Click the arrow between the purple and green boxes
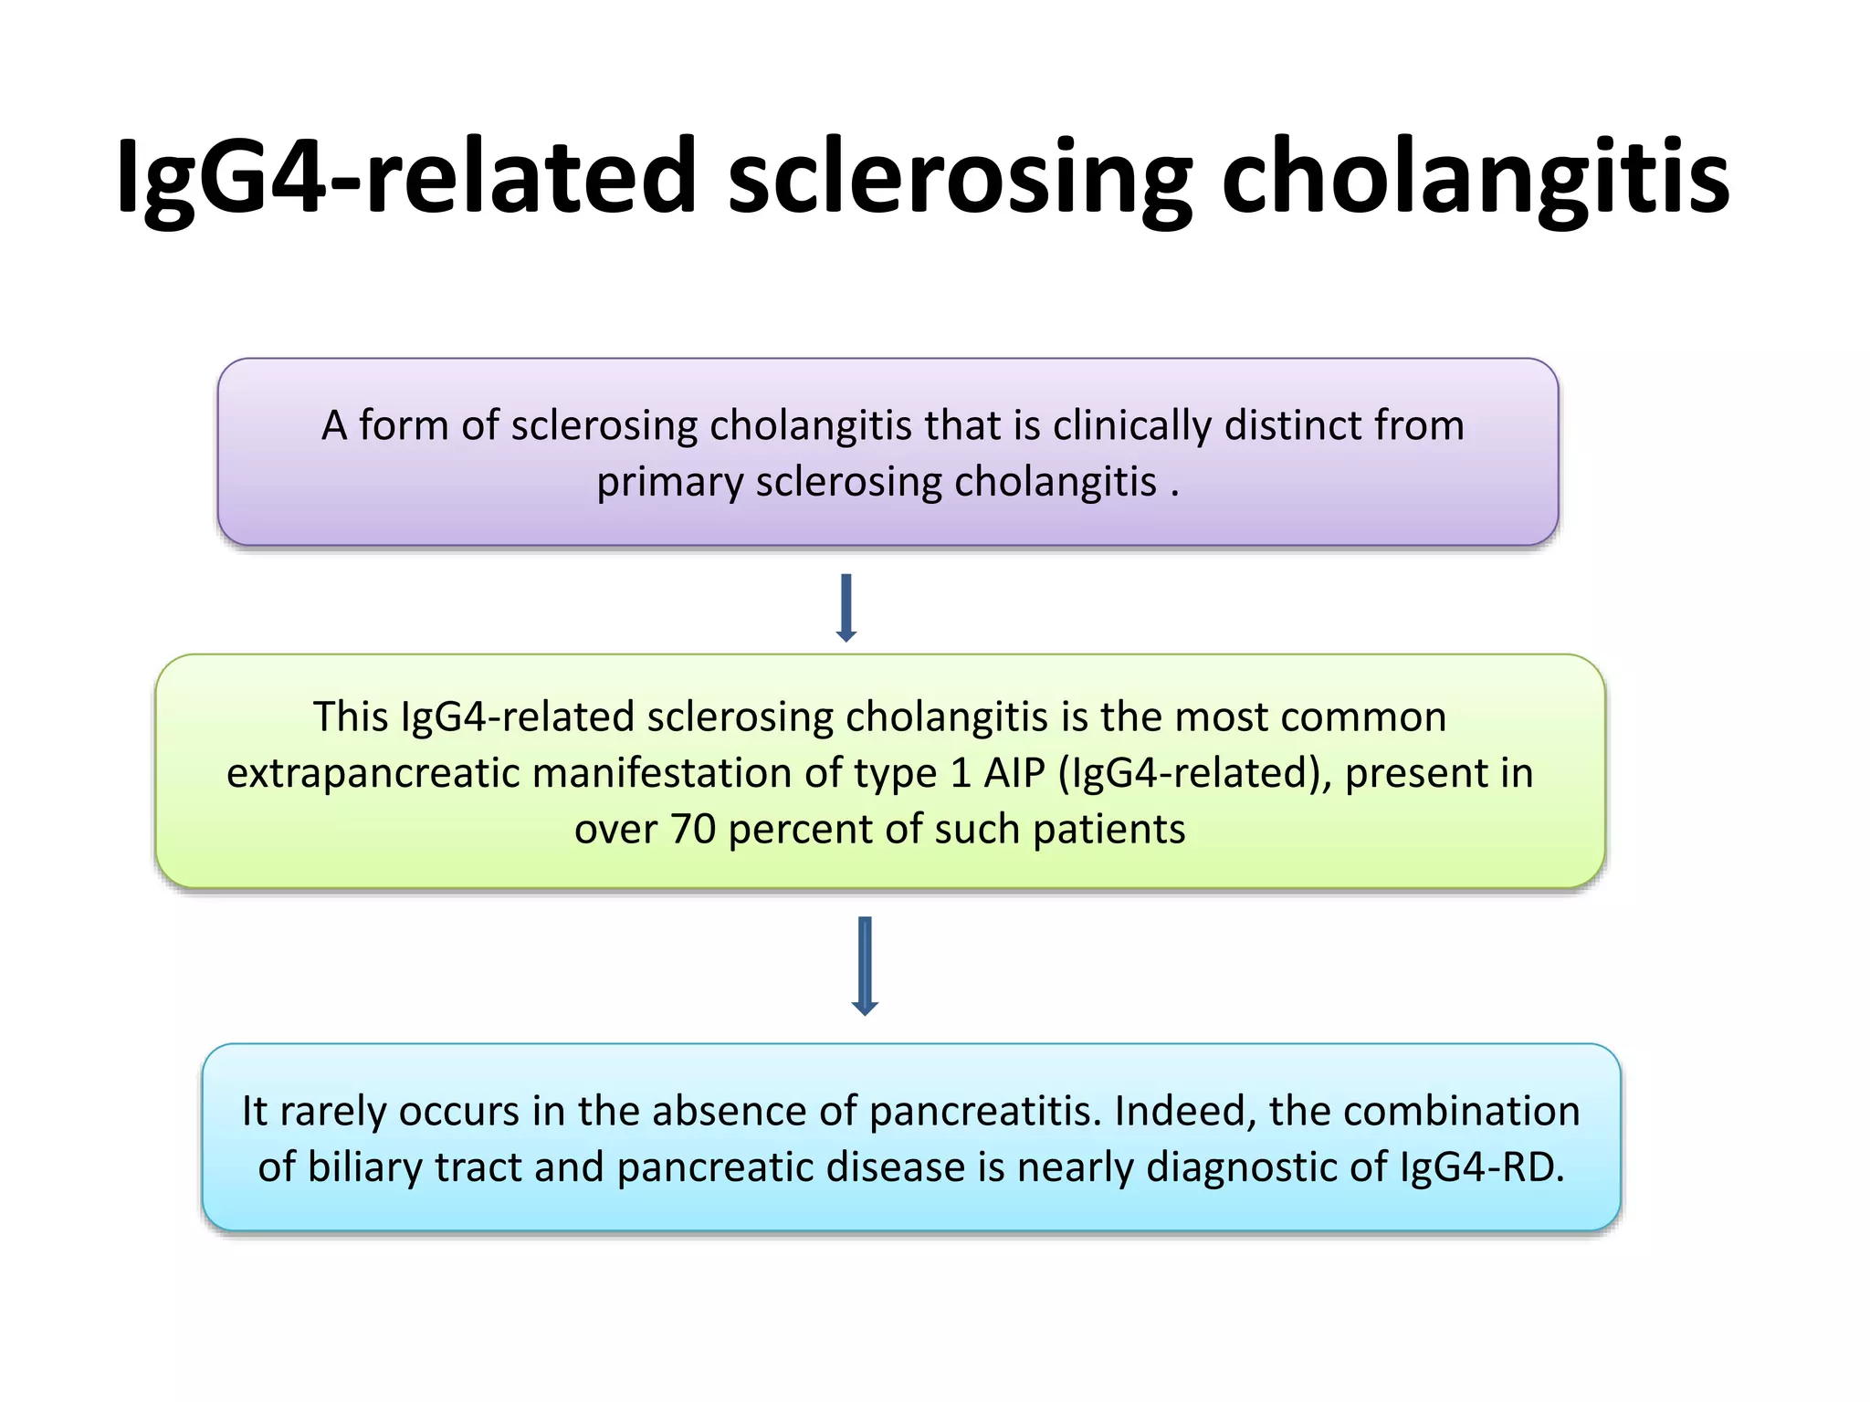coord(846,608)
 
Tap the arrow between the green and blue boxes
coord(865,966)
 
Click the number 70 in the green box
coord(692,830)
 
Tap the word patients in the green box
coord(1108,830)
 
